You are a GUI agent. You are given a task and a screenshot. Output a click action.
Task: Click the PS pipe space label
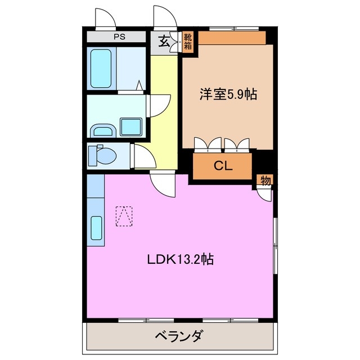(x=119, y=38)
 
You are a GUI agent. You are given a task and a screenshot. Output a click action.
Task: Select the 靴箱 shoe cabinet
(x=187, y=42)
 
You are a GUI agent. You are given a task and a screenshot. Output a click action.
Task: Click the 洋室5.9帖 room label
(x=228, y=94)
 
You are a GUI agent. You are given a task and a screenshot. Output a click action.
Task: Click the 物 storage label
(x=265, y=181)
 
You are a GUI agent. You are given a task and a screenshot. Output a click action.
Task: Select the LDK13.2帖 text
(x=180, y=260)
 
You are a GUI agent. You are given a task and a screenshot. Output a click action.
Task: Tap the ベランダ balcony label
(x=179, y=337)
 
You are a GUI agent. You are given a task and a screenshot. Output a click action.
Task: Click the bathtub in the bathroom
(x=102, y=67)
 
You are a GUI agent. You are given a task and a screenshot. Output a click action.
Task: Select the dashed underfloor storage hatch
(x=124, y=216)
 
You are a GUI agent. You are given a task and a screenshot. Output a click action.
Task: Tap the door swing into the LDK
(x=163, y=184)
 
